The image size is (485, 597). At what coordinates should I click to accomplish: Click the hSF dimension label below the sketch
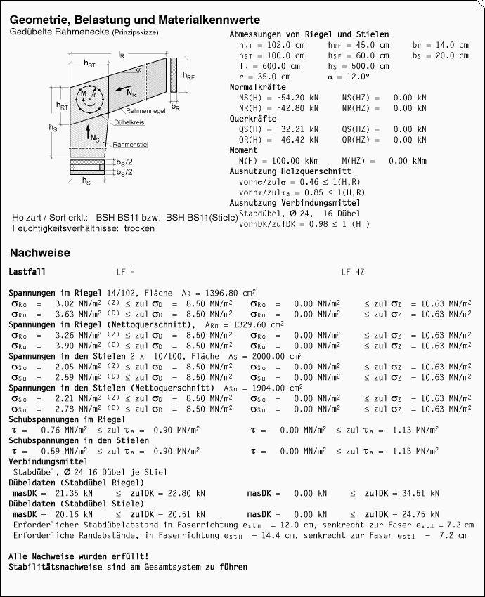tap(89, 182)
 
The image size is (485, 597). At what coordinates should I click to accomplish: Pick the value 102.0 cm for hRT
tap(285, 45)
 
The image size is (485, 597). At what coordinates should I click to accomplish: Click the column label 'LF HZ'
tap(353, 271)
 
